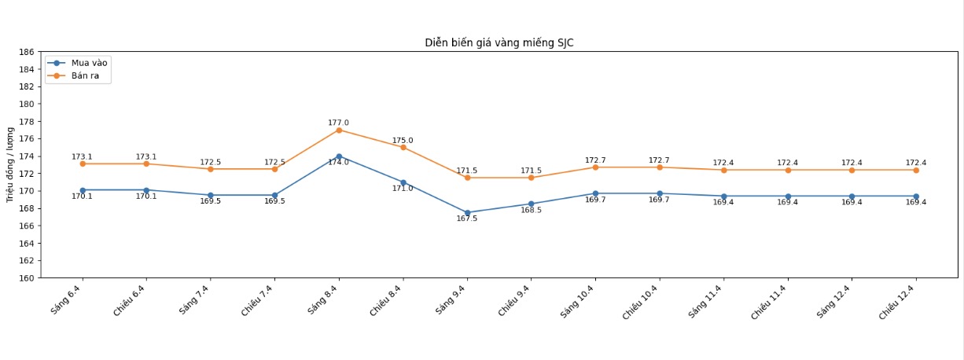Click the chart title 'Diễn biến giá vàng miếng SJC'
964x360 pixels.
click(x=499, y=43)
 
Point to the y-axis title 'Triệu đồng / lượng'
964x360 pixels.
click(x=10, y=164)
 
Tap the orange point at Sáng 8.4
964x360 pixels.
click(x=339, y=130)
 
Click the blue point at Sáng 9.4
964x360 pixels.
click(x=467, y=213)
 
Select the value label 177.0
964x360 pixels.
click(x=338, y=123)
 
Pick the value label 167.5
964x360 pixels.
click(x=467, y=219)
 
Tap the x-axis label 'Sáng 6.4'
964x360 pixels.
click(x=66, y=301)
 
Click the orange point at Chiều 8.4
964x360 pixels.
click(x=403, y=147)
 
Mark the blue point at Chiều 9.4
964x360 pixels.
click(x=531, y=204)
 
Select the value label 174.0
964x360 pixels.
click(x=338, y=163)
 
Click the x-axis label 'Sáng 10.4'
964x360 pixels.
click(x=577, y=303)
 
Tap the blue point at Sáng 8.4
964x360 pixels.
click(x=339, y=156)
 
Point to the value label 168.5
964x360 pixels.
click(x=531, y=210)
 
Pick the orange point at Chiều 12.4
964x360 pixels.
click(x=916, y=170)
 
